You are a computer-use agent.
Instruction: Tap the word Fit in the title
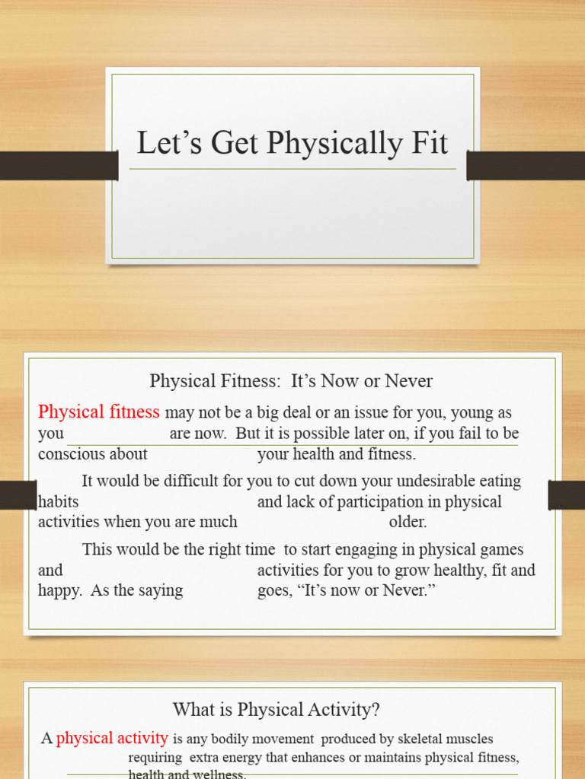click(428, 143)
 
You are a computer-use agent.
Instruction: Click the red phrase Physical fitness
click(99, 412)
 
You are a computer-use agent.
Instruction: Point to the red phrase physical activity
click(112, 738)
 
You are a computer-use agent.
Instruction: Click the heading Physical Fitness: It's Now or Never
click(291, 381)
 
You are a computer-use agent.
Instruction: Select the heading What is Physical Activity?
click(277, 710)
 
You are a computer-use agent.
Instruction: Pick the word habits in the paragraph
click(58, 502)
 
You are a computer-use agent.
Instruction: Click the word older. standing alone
click(408, 523)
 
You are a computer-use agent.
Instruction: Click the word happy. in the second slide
click(60, 591)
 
